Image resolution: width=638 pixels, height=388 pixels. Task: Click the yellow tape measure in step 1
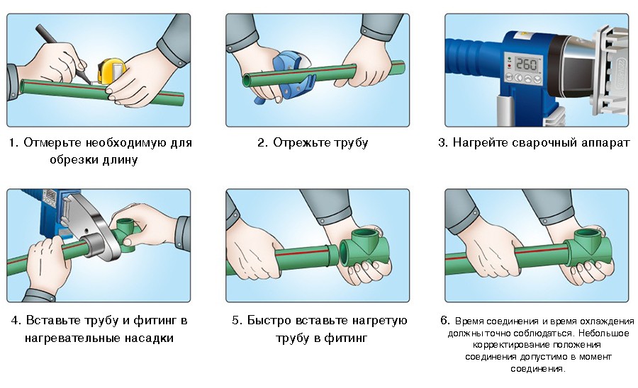(111, 72)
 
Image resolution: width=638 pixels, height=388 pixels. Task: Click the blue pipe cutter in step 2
(289, 76)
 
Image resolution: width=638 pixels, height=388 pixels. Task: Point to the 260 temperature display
(526, 64)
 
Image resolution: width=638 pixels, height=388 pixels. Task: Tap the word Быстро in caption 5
(269, 321)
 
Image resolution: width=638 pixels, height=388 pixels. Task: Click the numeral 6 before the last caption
(444, 321)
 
